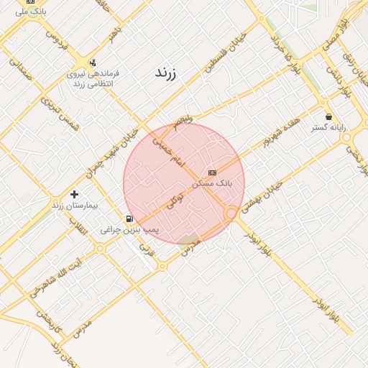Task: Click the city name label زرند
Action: [x=166, y=73]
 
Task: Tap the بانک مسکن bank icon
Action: [x=211, y=172]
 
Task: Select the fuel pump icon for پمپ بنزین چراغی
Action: [x=129, y=218]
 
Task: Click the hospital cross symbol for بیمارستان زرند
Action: [x=74, y=194]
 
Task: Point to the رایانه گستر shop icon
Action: [x=329, y=116]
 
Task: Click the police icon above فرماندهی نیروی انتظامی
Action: [x=93, y=63]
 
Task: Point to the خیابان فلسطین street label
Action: [x=220, y=52]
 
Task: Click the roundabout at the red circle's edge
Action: [x=231, y=213]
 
